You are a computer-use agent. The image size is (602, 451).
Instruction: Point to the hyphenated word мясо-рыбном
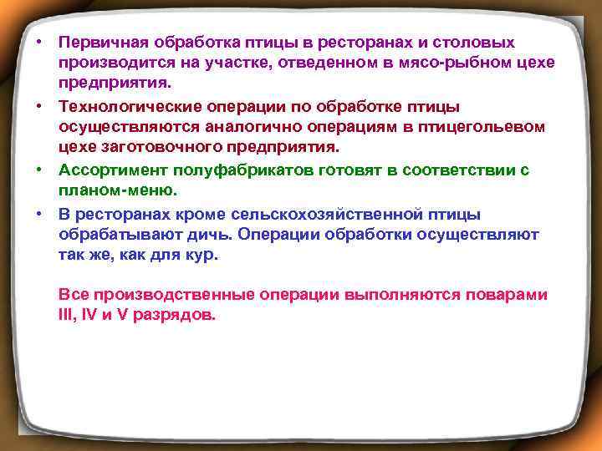[423, 63]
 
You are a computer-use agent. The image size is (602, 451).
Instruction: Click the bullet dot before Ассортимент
[40, 169]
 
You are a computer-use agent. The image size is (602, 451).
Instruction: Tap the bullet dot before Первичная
[40, 41]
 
